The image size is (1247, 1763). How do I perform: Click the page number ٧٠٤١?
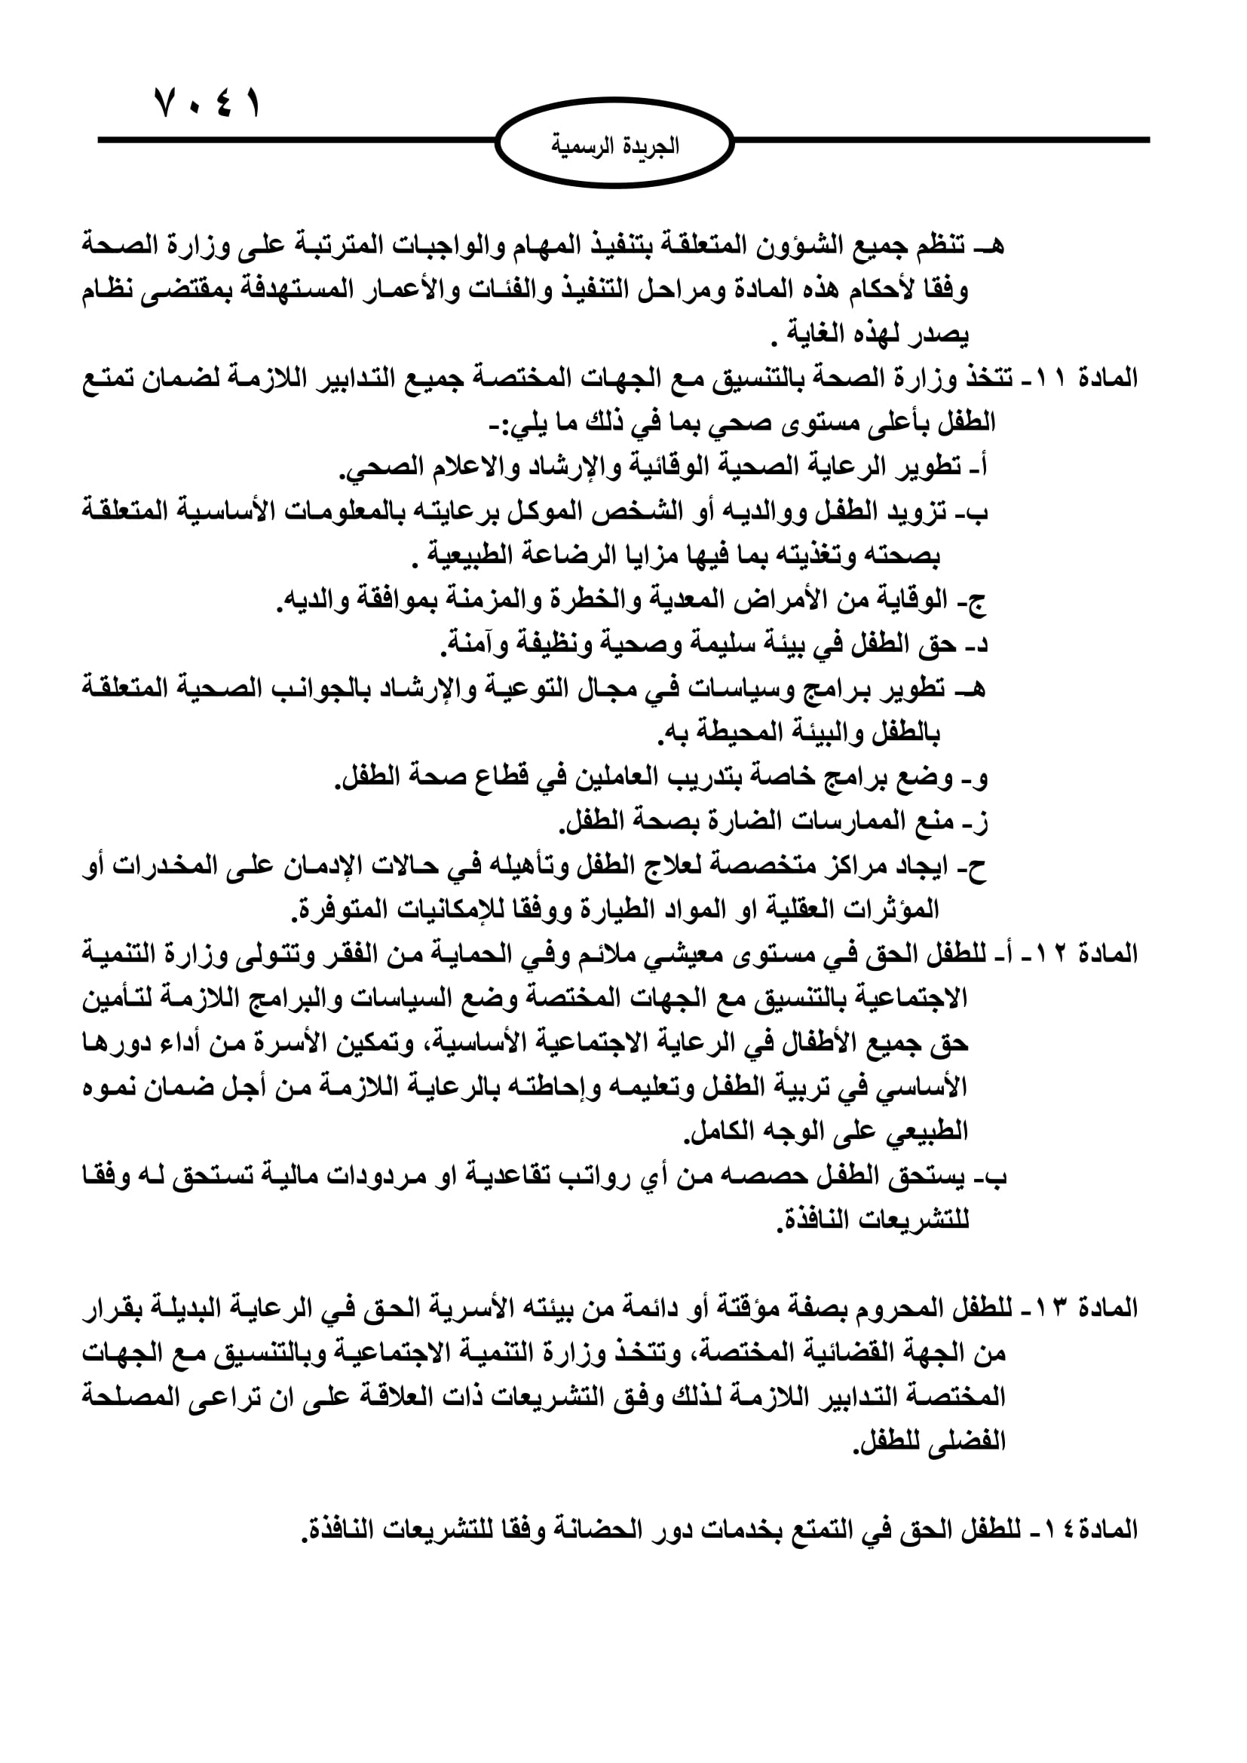(x=207, y=102)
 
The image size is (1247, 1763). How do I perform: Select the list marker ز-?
(x=976, y=822)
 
